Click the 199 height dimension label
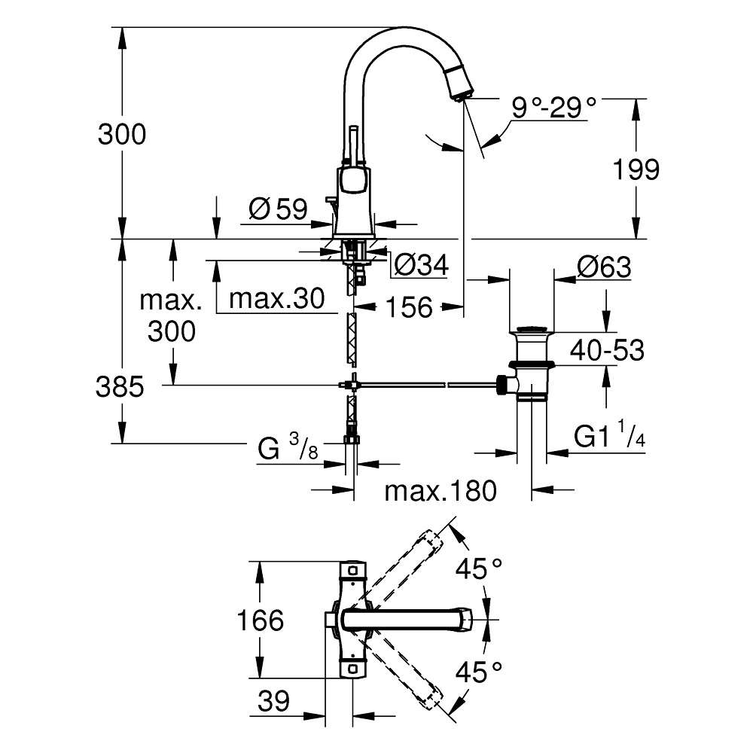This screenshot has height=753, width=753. point(636,169)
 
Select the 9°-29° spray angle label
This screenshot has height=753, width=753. point(553,107)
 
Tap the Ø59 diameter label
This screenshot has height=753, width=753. point(279,209)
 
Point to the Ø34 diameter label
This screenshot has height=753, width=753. point(421,264)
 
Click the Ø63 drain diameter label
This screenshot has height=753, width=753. point(604,267)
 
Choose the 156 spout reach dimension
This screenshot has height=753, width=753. point(410,307)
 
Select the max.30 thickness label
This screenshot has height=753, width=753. point(276,299)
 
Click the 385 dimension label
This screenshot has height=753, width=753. point(120,386)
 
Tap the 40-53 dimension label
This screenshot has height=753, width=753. point(607,351)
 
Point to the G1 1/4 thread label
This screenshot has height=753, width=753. point(609,434)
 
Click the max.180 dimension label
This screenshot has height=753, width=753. point(441,491)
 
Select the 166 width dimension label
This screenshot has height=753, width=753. point(261,620)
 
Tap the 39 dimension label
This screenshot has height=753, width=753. point(274,701)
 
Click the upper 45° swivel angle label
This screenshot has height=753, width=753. point(479,569)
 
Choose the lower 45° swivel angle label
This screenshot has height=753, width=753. point(479,672)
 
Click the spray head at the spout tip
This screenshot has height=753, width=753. point(459,83)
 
